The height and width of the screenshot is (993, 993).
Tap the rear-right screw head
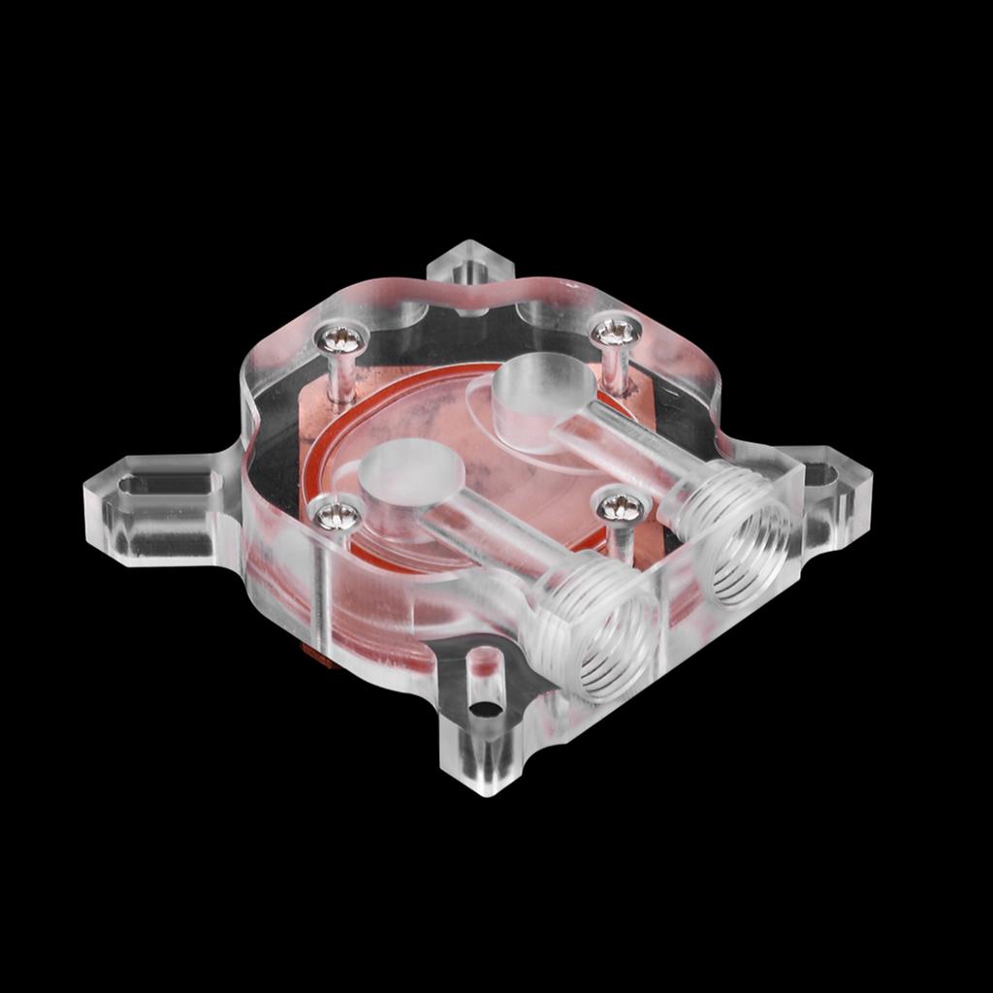coord(617,333)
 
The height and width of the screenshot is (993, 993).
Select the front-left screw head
coord(338,516)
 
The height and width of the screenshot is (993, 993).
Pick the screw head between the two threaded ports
coord(621,507)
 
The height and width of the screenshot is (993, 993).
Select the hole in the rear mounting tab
coord(471,265)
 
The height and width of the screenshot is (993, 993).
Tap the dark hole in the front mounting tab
coord(490,709)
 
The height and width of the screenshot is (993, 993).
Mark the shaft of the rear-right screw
coord(614,369)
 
